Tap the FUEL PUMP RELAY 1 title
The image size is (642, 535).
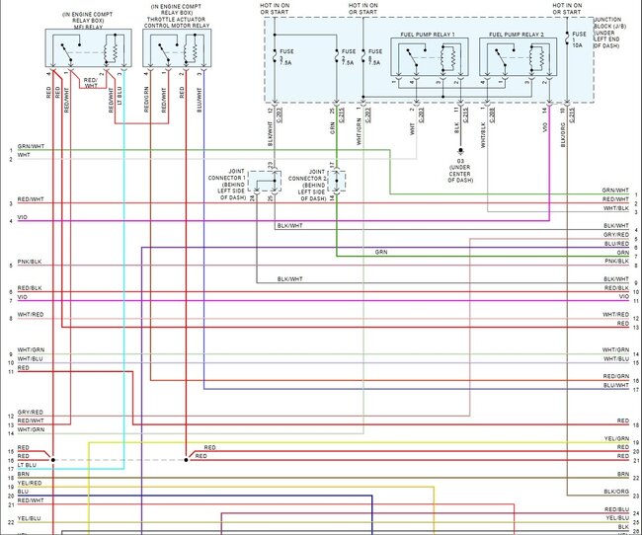pos(427,35)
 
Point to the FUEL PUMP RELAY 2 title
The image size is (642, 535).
pos(516,35)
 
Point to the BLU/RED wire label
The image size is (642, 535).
pos(616,243)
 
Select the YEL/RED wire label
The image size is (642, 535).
pos(30,483)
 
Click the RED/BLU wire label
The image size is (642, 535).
pos(616,509)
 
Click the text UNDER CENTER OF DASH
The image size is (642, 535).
pos(459,175)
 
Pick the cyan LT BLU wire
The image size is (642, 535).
pos(122,296)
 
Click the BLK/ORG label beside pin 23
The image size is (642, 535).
pos(616,491)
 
